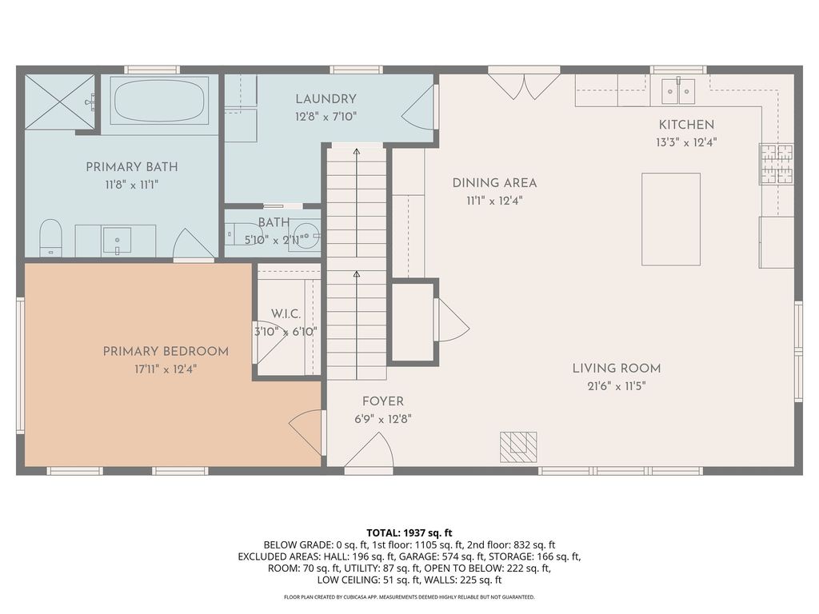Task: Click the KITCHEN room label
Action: point(686,125)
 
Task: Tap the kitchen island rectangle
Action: point(671,219)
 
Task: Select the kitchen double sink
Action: point(677,91)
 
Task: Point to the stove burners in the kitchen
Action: point(777,164)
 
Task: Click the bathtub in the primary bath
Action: point(159,101)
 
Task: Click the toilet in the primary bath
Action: point(50,237)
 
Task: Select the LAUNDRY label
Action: point(326,99)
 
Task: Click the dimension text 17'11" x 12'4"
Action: point(166,369)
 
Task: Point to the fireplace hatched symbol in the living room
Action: point(518,447)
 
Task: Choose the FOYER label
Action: point(382,401)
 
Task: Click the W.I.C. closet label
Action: point(286,315)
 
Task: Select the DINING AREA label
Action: point(494,183)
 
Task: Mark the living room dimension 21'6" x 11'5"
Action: point(616,385)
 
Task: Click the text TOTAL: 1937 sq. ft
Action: point(409,532)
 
